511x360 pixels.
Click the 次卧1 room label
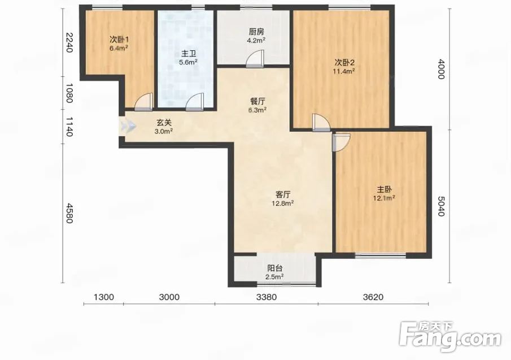point(119,40)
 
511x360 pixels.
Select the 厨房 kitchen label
point(256,32)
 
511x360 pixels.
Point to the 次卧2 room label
point(344,62)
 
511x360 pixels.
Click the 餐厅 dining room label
point(257,101)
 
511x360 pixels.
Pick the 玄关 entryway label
point(164,123)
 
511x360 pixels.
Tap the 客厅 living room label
point(283,194)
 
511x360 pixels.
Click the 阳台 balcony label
point(275,268)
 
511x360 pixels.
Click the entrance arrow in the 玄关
point(128,126)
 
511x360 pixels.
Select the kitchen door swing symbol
point(255,59)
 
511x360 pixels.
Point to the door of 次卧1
point(144,102)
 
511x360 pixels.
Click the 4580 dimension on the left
point(69,213)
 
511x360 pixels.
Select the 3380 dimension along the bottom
point(267,297)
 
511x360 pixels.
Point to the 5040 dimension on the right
point(440,206)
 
